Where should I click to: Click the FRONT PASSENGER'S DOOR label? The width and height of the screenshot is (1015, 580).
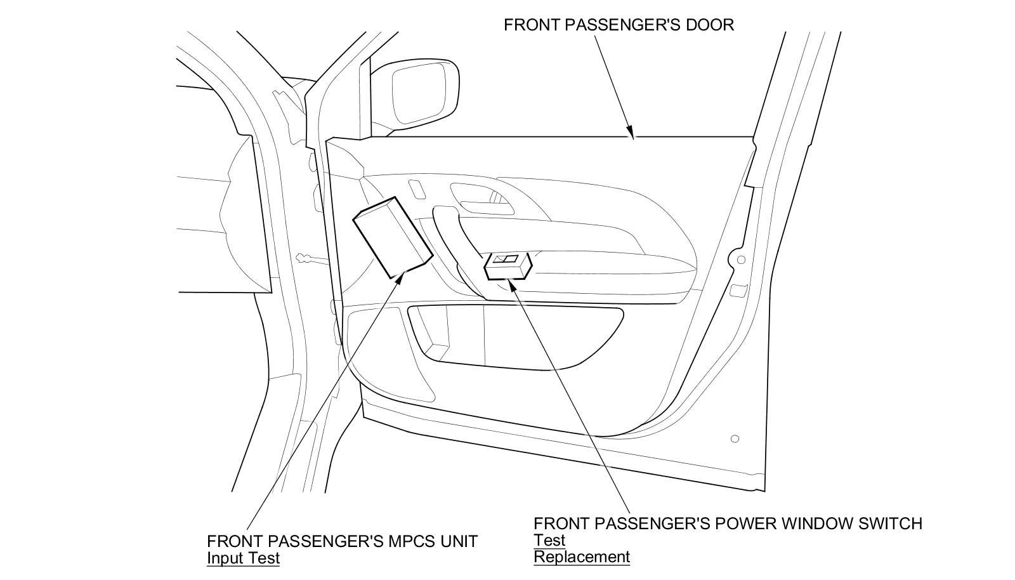(x=619, y=25)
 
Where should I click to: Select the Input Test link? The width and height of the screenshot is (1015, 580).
(x=243, y=558)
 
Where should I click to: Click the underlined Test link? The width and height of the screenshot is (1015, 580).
(x=549, y=541)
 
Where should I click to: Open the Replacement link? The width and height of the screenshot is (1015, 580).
(x=582, y=557)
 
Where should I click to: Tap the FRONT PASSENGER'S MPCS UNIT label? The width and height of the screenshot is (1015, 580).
(x=342, y=541)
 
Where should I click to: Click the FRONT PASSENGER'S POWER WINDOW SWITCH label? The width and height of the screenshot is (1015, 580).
(x=728, y=524)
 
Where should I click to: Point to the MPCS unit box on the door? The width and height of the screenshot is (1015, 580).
(x=392, y=237)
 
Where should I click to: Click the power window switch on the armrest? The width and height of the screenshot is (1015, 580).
(x=507, y=266)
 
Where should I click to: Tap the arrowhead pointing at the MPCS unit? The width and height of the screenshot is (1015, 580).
(x=400, y=275)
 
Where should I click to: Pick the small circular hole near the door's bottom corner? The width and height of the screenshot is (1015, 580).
(x=735, y=438)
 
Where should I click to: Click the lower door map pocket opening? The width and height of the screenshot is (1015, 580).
(x=514, y=336)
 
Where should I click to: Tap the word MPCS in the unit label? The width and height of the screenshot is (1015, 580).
(x=407, y=541)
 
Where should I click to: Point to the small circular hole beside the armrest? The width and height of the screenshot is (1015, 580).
(x=740, y=260)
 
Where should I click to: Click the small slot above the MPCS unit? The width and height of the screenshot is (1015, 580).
(x=416, y=189)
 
